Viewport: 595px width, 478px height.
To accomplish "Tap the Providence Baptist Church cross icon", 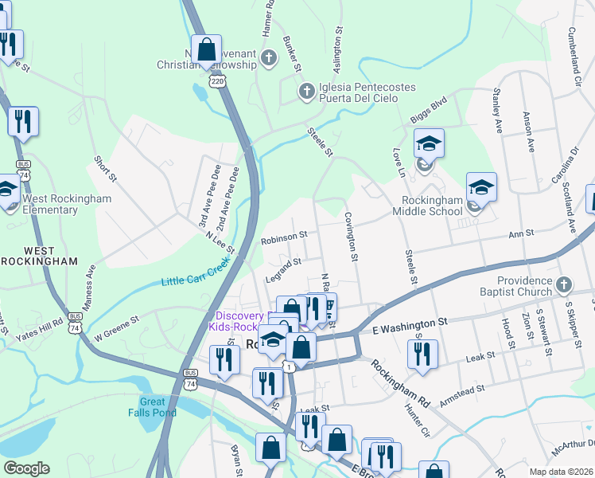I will click(563, 284).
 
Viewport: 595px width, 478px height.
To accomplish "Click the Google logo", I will click(26, 468).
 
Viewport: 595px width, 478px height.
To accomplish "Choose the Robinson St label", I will click(284, 237).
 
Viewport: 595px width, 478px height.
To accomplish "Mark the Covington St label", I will click(350, 237).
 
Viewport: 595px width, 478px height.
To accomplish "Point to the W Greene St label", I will click(117, 322).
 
